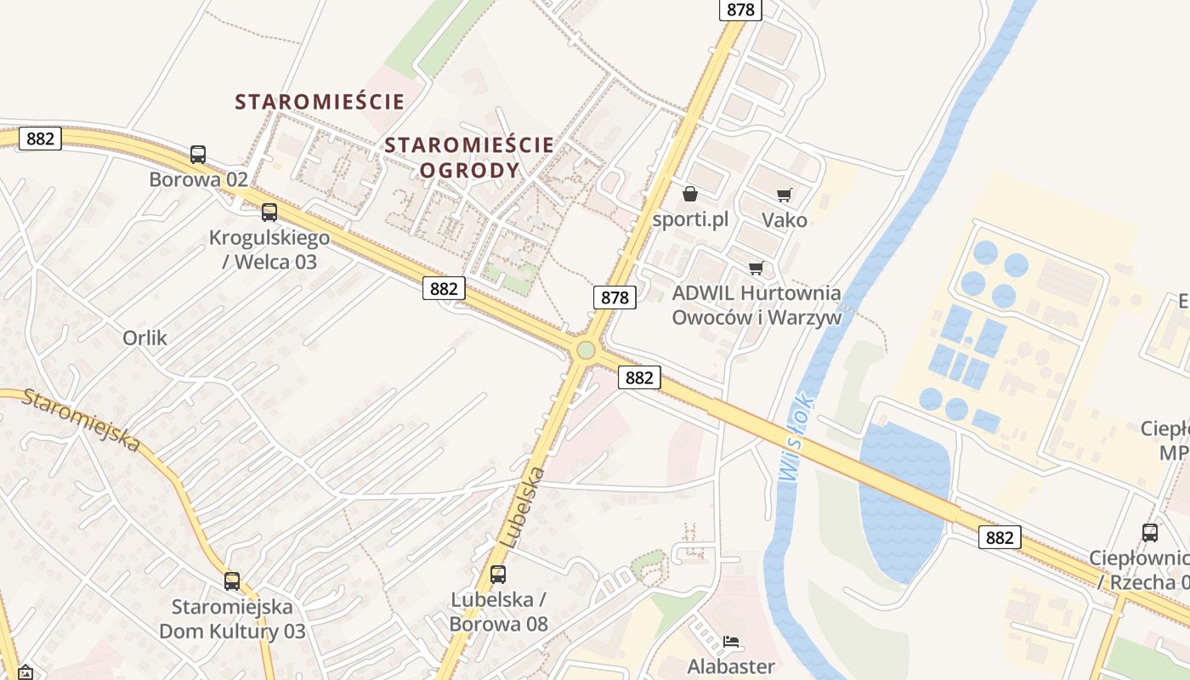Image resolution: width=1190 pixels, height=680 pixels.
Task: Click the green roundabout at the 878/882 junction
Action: click(585, 349)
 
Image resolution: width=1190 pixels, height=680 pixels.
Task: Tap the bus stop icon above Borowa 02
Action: click(198, 155)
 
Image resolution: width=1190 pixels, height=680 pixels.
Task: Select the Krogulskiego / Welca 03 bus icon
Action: click(269, 212)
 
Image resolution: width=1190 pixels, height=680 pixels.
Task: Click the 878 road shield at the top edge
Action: click(740, 9)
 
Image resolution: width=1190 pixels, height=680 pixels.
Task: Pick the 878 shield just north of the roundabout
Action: click(615, 297)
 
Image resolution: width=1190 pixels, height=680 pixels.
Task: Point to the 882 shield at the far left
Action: click(40, 139)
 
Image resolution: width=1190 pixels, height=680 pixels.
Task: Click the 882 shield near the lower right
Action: click(999, 537)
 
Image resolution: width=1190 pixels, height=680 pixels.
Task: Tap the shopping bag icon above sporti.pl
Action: click(690, 195)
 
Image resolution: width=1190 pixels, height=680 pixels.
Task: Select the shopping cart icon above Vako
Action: click(784, 195)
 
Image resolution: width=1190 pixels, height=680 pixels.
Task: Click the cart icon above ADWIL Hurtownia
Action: click(756, 269)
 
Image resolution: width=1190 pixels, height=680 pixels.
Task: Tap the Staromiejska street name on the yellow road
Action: click(82, 419)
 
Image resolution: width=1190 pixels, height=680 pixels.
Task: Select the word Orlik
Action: click(144, 337)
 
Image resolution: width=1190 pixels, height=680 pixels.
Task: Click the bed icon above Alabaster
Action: click(731, 641)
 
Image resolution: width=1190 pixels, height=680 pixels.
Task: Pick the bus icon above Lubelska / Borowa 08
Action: click(498, 575)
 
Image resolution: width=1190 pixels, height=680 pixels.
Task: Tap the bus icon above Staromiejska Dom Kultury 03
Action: click(232, 581)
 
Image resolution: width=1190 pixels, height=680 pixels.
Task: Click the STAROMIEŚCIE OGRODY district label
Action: click(469, 157)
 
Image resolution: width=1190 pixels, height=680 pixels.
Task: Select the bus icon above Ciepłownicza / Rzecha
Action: click(1150, 533)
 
